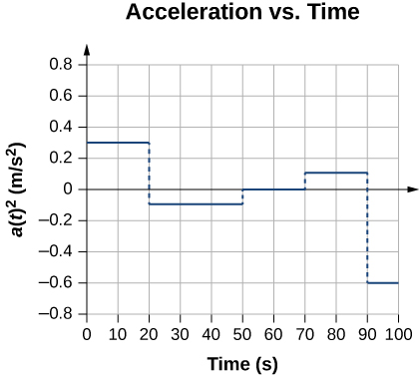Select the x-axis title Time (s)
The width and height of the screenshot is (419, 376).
click(x=242, y=363)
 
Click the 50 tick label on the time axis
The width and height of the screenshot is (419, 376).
click(x=242, y=333)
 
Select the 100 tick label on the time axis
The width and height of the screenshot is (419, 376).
click(x=398, y=333)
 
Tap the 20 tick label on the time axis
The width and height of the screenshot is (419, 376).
click(x=150, y=333)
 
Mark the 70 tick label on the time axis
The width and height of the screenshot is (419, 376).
click(x=305, y=333)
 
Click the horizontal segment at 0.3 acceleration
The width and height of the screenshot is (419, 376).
click(x=118, y=143)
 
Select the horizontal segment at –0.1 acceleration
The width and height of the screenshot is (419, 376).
click(x=196, y=204)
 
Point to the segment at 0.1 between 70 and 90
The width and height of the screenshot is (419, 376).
click(x=336, y=174)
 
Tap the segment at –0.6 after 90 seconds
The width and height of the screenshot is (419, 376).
click(x=383, y=283)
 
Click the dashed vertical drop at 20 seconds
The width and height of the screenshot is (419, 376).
click(x=150, y=174)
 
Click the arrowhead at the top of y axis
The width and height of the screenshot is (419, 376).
click(x=88, y=49)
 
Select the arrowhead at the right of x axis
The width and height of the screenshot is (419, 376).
click(x=411, y=188)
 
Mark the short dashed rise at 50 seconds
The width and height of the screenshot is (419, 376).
click(x=242, y=197)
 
